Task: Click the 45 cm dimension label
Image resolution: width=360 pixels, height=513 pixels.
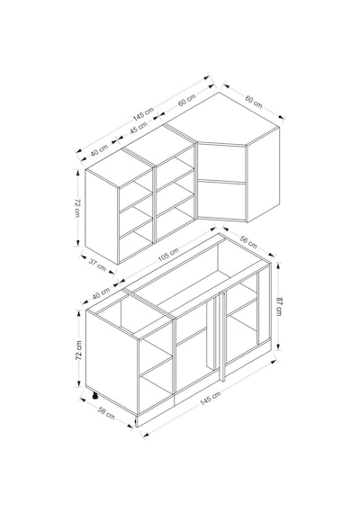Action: pos(139,128)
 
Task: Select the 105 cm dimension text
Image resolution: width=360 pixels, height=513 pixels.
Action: pos(168,255)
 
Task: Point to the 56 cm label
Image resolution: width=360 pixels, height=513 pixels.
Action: pos(248,241)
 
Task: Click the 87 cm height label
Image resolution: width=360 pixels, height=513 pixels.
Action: pos(280,306)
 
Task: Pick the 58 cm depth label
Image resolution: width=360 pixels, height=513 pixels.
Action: pos(106,413)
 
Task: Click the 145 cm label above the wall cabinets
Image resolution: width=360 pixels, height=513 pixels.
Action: pos(143,113)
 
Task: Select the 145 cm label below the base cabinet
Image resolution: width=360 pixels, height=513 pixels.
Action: pos(211,398)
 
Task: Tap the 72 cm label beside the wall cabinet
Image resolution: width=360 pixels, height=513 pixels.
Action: pos(77,208)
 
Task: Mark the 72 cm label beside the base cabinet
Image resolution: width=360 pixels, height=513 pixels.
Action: pos(79,350)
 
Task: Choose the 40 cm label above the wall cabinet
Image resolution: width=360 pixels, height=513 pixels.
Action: pos(100,150)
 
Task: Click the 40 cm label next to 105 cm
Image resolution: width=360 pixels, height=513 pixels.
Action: pos(101,292)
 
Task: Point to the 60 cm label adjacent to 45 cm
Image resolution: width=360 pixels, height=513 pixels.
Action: pos(187,100)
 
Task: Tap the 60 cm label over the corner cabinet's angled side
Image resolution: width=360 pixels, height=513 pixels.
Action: pos(254,102)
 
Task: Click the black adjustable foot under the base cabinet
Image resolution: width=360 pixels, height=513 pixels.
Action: pos(94,396)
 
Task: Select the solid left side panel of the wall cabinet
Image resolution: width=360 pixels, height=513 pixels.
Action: pos(102,217)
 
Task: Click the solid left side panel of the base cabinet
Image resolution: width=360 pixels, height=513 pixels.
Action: pos(112,362)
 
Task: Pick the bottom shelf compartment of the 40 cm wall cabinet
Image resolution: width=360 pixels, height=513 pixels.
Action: pos(136,246)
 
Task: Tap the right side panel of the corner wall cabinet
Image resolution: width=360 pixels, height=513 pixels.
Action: pos(263,175)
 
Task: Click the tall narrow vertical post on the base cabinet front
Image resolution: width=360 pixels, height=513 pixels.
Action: pos(222,337)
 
